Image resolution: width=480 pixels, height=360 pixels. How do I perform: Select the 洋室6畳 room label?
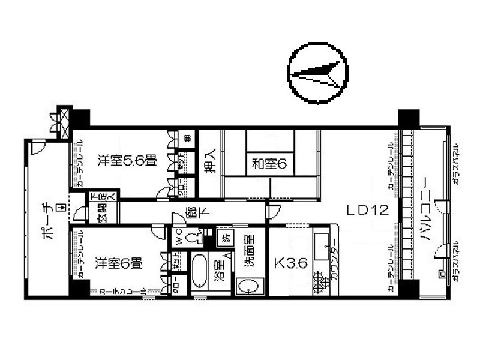tap(119, 262)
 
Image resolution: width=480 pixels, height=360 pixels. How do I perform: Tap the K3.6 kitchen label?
tap(287, 262)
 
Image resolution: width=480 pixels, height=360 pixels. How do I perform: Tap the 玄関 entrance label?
tap(95, 212)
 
